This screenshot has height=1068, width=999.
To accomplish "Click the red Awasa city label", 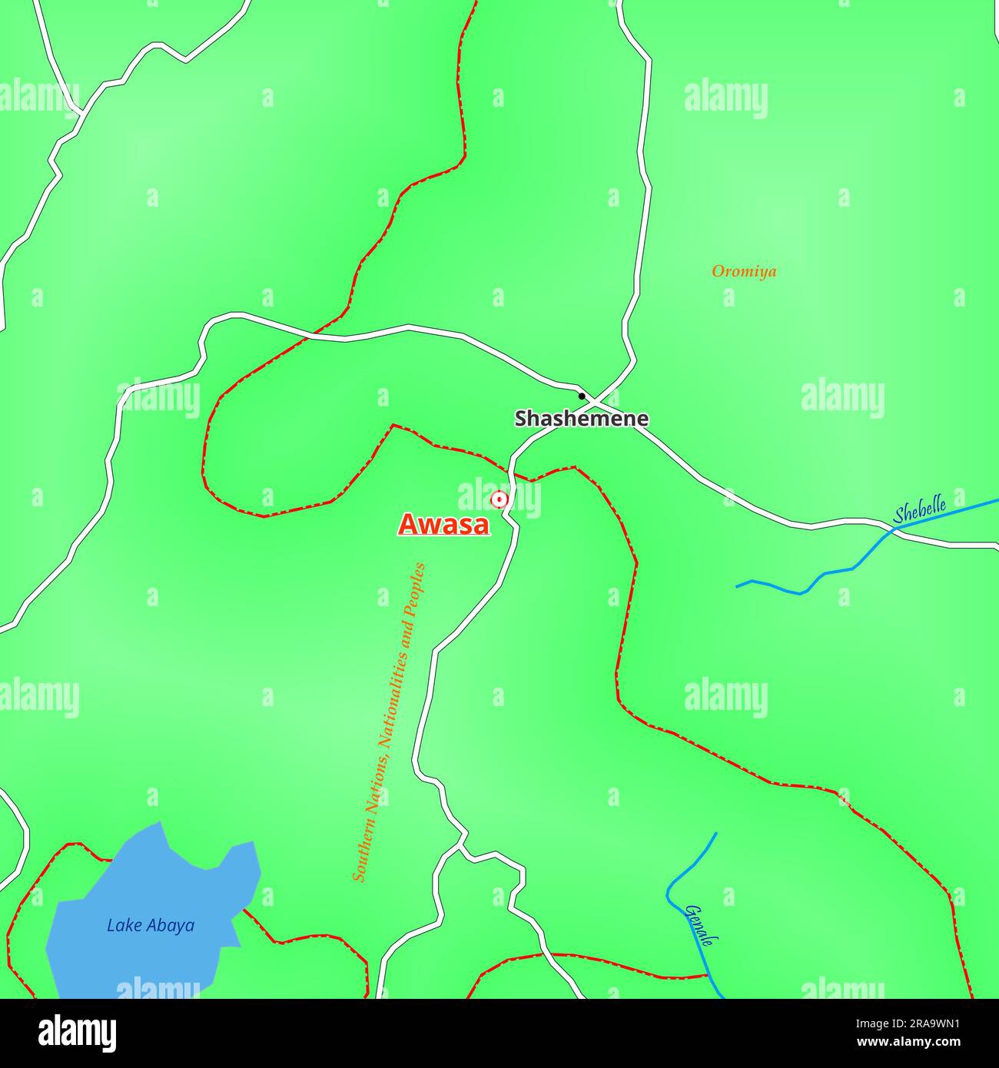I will coord(443,524).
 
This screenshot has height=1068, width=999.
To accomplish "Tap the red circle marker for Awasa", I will coord(499,500).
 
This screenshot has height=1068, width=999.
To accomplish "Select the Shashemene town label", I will coord(581,419).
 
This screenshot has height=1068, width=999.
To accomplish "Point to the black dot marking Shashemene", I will coord(582,396).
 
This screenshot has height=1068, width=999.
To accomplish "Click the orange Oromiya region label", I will coord(744,271).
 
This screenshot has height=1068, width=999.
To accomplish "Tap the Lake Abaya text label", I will coord(151,925).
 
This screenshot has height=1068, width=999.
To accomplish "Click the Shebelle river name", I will coord(919,509).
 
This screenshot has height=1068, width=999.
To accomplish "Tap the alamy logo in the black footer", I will coord(77,1031).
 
